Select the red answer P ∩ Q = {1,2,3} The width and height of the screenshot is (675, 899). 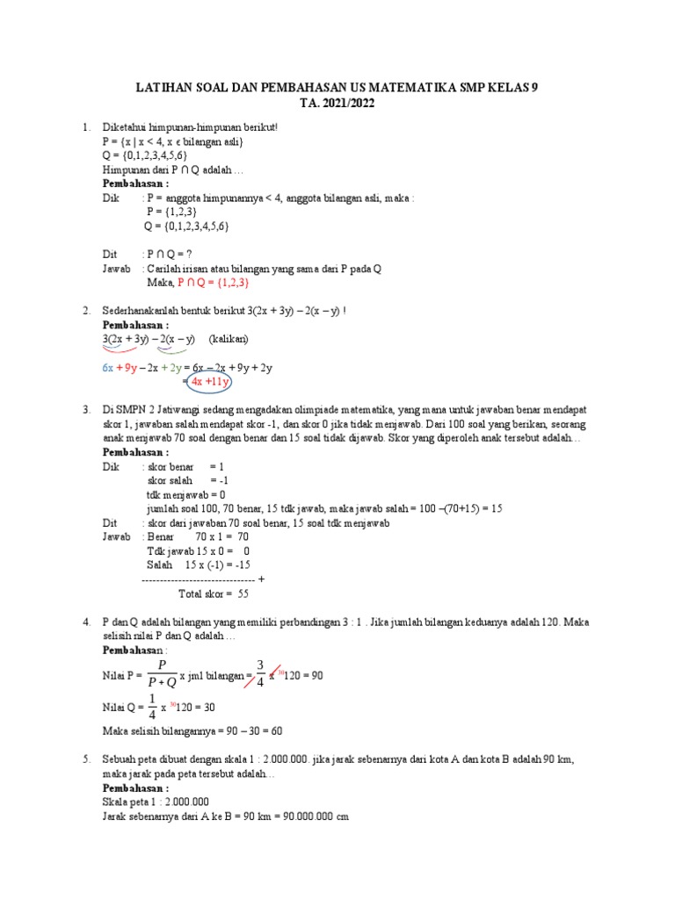coord(214,283)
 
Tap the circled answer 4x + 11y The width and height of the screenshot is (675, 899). coord(206,382)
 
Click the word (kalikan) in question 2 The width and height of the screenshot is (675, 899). coord(229,339)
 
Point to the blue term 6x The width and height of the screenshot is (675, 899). coord(108,368)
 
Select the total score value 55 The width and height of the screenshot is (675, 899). coord(243,593)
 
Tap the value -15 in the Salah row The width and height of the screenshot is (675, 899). coord(239,565)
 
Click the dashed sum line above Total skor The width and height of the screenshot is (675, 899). coord(199,579)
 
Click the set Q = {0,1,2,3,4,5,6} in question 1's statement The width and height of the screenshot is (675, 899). coord(145,155)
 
